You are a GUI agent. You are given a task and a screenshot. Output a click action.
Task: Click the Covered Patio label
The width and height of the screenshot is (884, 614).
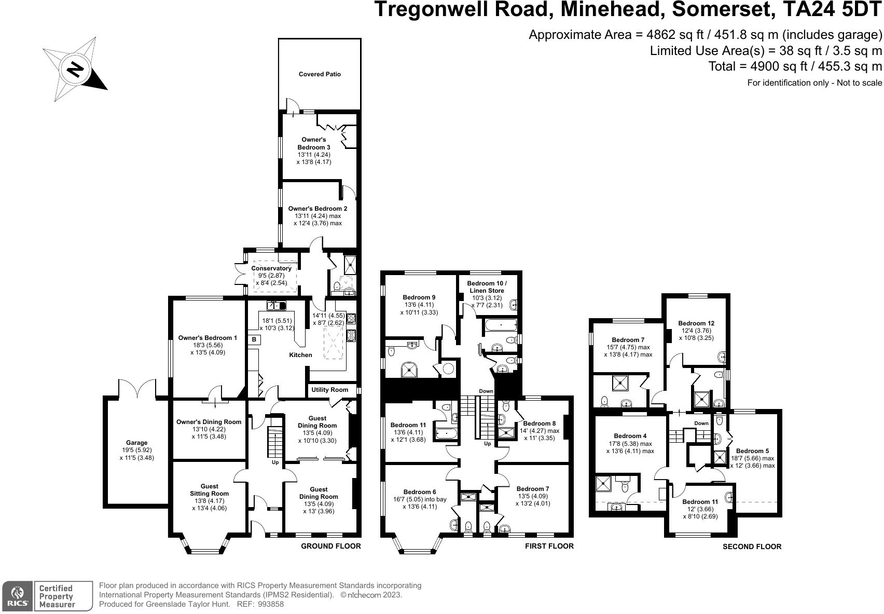[320, 74]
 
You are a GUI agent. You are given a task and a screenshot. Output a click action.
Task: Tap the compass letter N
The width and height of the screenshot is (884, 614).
[76, 69]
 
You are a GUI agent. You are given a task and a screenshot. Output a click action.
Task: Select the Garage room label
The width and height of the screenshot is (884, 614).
[136, 443]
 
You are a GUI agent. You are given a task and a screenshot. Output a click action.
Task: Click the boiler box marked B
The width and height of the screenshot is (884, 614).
[254, 339]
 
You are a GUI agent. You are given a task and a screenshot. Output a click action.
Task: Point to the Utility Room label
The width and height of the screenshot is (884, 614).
[329, 390]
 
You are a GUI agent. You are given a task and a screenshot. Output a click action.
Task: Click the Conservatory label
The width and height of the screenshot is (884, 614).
[271, 268]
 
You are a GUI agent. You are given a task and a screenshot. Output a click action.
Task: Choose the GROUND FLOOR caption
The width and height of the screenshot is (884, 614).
[331, 546]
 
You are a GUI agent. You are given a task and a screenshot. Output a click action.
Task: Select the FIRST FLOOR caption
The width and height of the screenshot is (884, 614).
[549, 546]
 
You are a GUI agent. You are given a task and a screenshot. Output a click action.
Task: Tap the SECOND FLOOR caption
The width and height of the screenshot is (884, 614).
[752, 547]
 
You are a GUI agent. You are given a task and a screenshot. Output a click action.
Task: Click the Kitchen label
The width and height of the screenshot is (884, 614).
[300, 355]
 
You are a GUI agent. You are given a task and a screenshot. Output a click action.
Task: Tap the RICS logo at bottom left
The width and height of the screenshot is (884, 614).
[18, 596]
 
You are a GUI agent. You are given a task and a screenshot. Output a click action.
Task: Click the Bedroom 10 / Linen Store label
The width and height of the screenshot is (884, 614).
[487, 287]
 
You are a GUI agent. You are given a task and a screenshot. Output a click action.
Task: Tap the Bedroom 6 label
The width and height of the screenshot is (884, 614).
[420, 492]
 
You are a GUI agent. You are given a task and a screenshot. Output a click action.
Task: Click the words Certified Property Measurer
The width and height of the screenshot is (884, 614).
[57, 596]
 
